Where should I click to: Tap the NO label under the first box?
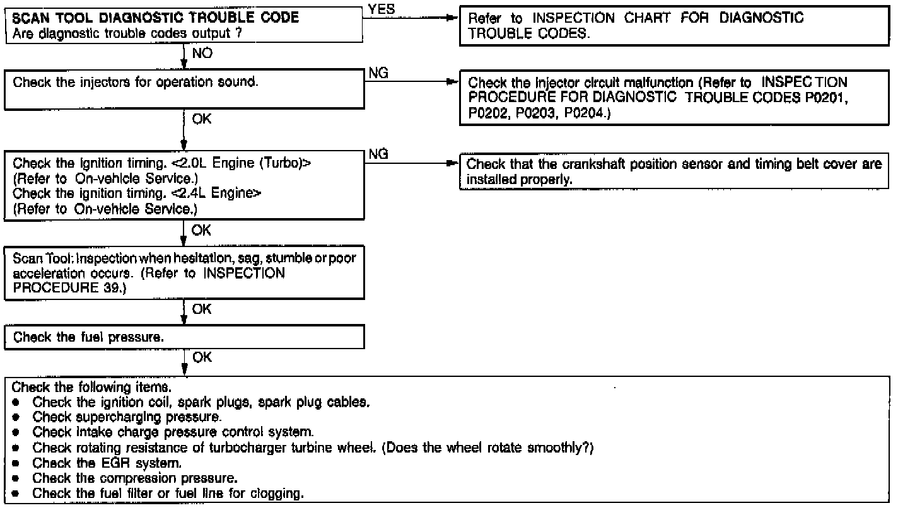(x=202, y=54)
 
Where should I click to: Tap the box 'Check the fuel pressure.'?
(x=186, y=337)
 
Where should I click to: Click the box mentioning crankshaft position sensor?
(x=673, y=172)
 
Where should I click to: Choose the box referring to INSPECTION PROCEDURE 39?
(x=186, y=275)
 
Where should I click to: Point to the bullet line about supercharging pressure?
(x=127, y=417)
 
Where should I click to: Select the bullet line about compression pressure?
(x=126, y=478)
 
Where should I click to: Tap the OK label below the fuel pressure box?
(x=202, y=357)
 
